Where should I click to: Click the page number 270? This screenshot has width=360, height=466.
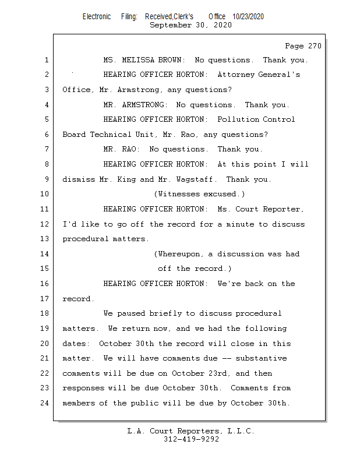pos(315,46)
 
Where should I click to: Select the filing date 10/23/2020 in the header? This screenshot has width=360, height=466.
pos(248,17)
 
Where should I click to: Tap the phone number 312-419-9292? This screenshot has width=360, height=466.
pos(191,439)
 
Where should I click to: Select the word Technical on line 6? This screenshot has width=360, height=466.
pos(110,135)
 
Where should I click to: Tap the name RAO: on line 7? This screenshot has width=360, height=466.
pos(130,149)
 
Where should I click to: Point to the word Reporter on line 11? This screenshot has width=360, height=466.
pos(283,209)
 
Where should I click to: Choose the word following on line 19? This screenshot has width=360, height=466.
pos(266,329)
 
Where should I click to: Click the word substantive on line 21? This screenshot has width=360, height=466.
pos(261,358)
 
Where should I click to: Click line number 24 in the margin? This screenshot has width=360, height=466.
pos(45,403)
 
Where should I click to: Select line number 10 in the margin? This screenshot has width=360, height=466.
pos(45,194)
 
